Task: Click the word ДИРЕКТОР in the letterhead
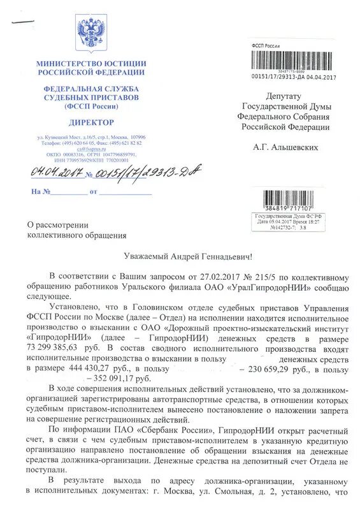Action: click(91, 122)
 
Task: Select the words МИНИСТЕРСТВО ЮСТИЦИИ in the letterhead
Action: click(91, 64)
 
